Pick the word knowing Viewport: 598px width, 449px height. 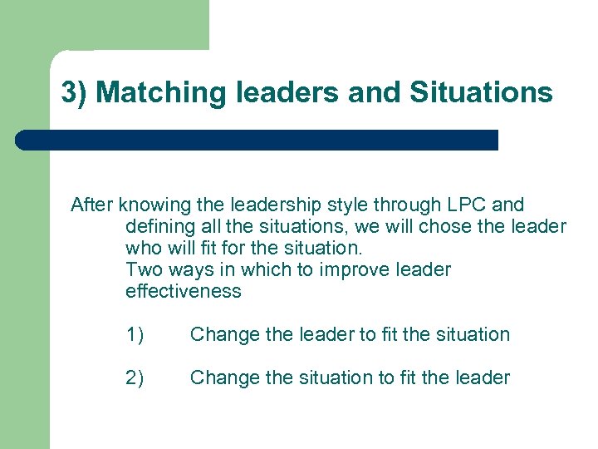149,205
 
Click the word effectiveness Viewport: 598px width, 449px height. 183,291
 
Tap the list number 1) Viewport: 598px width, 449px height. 135,334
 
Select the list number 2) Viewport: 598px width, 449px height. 135,377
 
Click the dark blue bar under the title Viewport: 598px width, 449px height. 257,140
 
